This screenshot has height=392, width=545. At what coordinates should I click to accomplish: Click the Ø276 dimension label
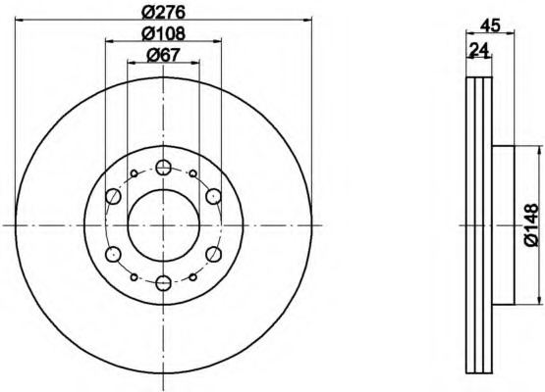tap(163, 13)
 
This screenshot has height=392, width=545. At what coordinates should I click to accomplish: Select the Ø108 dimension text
tap(163, 33)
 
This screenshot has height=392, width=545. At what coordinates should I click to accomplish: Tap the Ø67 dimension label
tap(163, 55)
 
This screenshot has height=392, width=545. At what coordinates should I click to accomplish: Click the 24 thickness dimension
tap(479, 49)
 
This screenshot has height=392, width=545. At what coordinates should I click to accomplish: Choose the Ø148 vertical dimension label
tap(532, 225)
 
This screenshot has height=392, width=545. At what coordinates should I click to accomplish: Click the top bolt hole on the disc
tap(163, 168)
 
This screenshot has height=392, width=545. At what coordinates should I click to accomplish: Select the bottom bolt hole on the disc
tap(163, 283)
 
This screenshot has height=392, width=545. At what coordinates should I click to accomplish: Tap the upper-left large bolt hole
tap(113, 197)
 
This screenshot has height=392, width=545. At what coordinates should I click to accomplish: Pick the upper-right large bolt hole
tap(213, 197)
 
